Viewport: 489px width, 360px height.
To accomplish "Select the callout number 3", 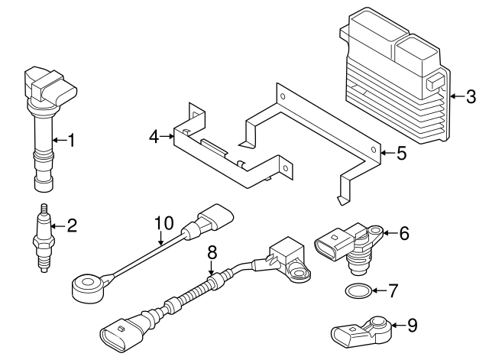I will coord(471,96).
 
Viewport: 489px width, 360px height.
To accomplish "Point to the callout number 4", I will coord(154,137).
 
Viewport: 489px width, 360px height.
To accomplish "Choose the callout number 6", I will coord(404,233).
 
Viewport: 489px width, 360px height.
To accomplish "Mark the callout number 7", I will coord(393,290).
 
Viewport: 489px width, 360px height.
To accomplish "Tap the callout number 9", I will coord(412,326).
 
